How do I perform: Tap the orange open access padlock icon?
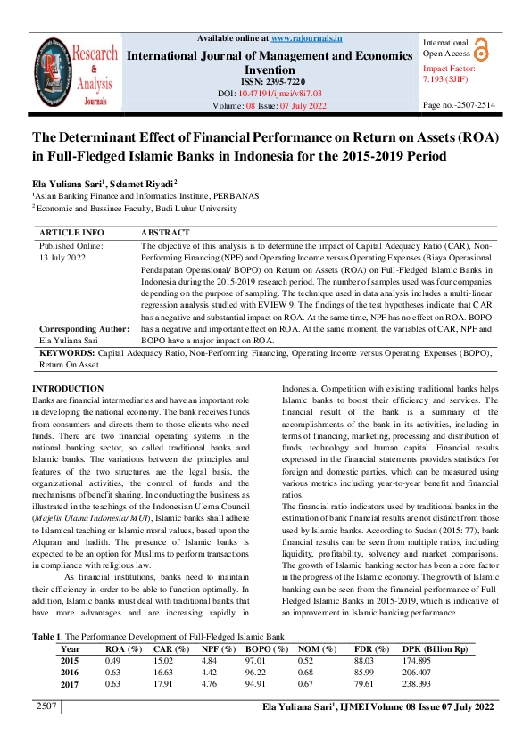coord(481,49)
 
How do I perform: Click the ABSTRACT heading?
coord(165,232)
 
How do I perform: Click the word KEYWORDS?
coord(67,354)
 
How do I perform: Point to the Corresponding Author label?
coord(84,328)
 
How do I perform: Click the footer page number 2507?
coord(46,707)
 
